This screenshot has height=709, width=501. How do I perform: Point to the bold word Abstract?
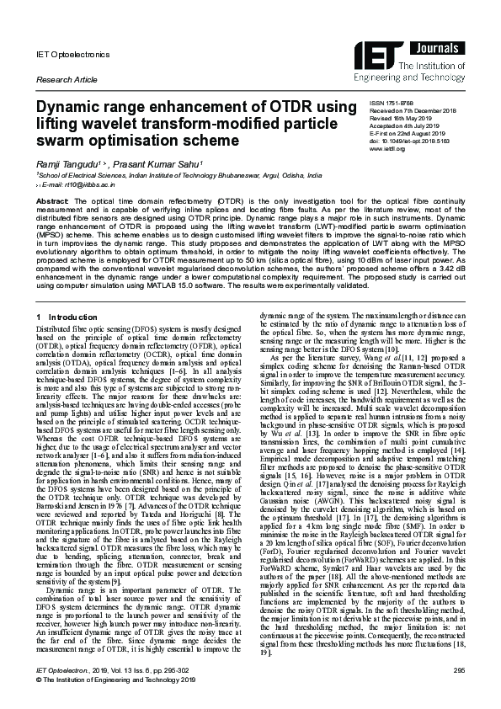click(51, 202)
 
